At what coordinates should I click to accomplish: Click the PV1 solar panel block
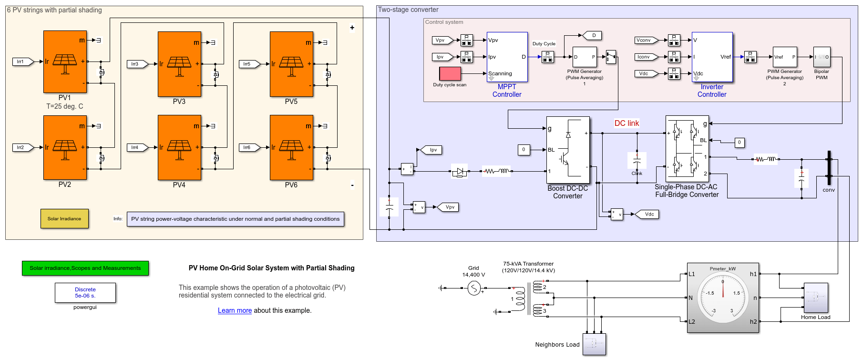click(x=65, y=62)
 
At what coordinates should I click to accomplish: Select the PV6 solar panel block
click(x=291, y=147)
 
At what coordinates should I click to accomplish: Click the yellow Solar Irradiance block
click(x=64, y=219)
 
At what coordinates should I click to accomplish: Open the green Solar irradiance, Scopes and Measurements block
click(x=85, y=268)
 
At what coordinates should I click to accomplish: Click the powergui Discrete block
click(x=85, y=293)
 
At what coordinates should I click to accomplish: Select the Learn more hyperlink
click(x=235, y=310)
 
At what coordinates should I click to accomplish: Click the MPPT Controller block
click(x=507, y=57)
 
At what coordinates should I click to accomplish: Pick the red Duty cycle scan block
click(x=450, y=73)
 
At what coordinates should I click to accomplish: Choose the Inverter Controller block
click(x=712, y=57)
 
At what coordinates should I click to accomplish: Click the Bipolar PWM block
click(x=822, y=57)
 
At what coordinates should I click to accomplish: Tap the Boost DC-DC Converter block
click(x=568, y=150)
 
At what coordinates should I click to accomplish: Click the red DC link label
click(x=627, y=123)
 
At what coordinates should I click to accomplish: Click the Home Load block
click(x=816, y=298)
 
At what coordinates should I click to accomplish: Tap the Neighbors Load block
click(x=594, y=344)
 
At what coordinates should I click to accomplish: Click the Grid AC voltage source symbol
click(x=473, y=288)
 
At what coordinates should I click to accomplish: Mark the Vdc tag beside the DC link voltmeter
click(x=649, y=214)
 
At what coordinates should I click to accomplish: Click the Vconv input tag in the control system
click(x=644, y=40)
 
